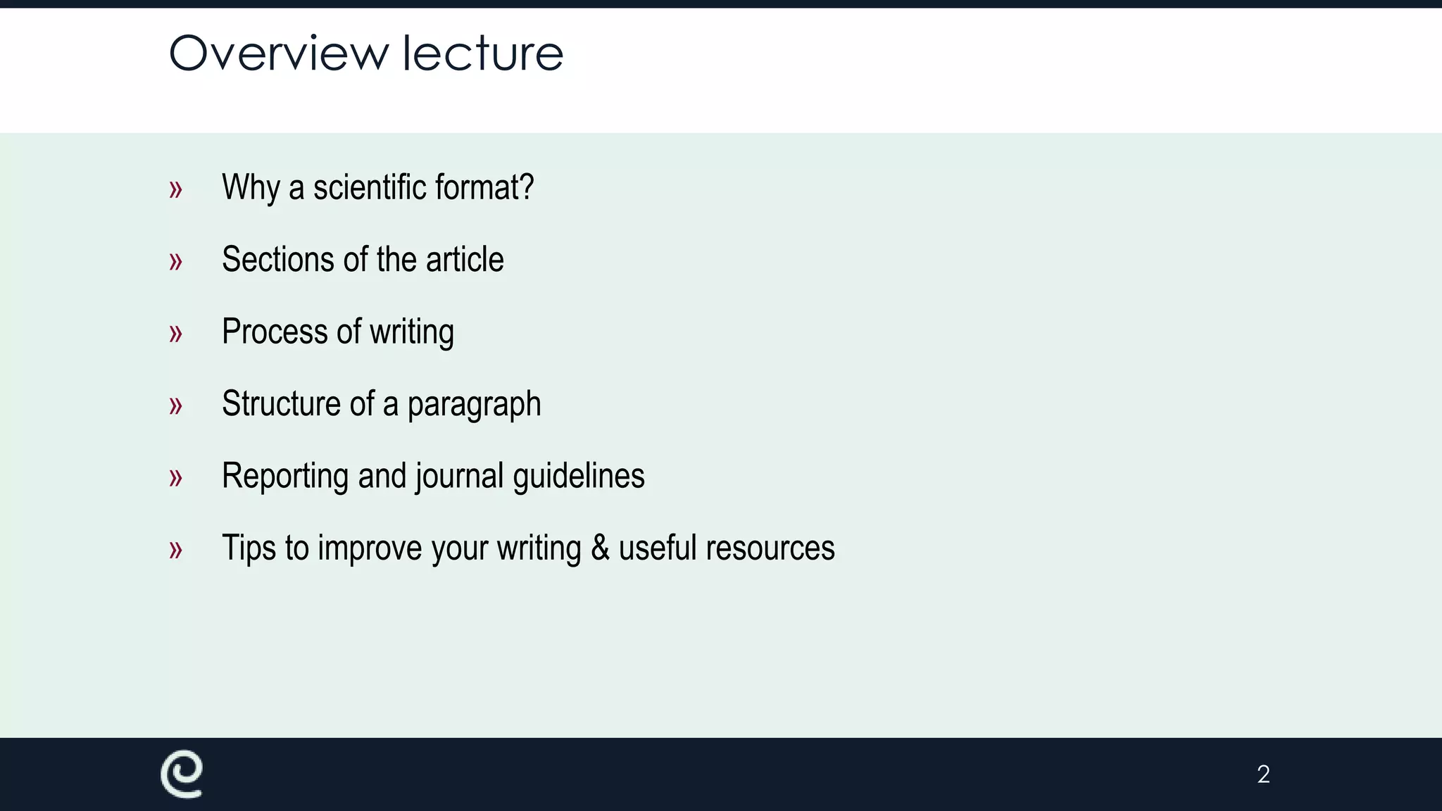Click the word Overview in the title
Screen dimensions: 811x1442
pos(279,54)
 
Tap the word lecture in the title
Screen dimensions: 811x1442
pos(482,54)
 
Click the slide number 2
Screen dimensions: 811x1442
pos(1263,774)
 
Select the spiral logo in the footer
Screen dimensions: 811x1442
pos(182,774)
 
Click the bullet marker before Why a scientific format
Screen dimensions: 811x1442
pos(175,189)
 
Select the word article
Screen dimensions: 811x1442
pos(465,260)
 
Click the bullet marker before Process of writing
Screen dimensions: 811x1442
pos(175,334)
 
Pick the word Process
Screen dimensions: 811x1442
pos(275,332)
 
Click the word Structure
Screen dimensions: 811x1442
pos(281,404)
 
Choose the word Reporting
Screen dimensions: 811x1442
pos(286,477)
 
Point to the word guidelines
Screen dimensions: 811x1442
pos(578,477)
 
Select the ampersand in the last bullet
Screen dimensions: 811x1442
pos(600,548)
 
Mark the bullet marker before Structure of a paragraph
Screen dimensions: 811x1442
pos(175,405)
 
